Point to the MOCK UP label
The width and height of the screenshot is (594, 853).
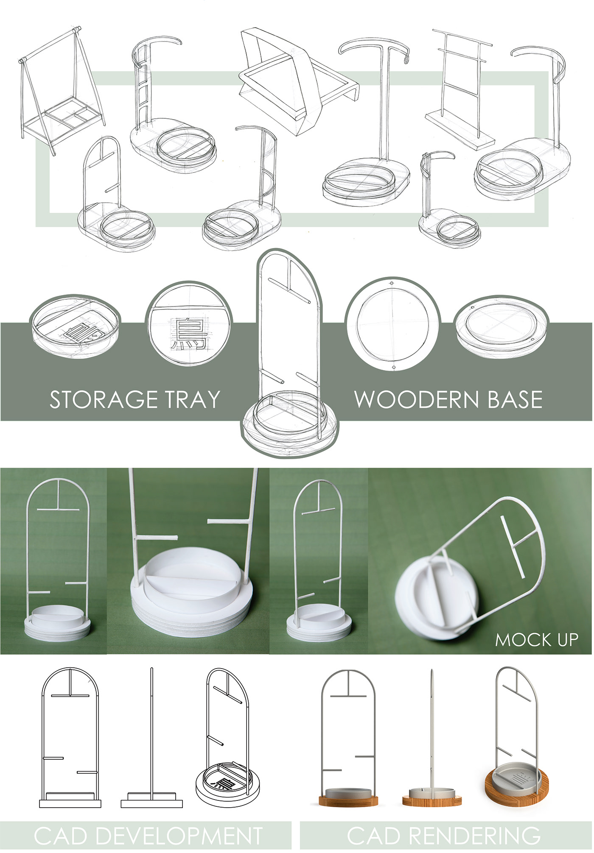536,640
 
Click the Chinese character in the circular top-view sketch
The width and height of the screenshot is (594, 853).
189,334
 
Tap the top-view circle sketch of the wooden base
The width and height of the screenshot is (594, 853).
392,324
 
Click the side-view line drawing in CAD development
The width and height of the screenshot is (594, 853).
151,740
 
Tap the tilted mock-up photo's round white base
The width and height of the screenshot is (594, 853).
433,594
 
